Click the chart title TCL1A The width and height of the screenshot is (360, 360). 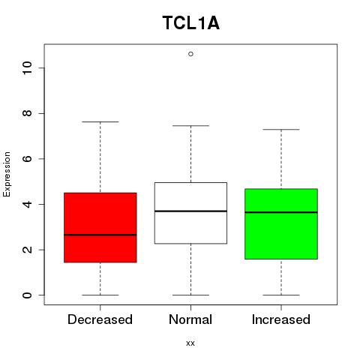pyautogui.click(x=191, y=23)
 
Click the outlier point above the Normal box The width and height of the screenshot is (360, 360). pyautogui.click(x=190, y=54)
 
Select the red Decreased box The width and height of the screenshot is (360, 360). pyautogui.click(x=100, y=227)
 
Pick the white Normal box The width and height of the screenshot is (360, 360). pyautogui.click(x=190, y=213)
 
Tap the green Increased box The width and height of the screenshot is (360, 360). pyautogui.click(x=281, y=223)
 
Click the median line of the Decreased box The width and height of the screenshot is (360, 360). pyautogui.click(x=100, y=235)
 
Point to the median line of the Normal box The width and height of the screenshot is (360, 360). pyautogui.click(x=190, y=211)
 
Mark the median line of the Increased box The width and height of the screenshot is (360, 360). pyautogui.click(x=281, y=212)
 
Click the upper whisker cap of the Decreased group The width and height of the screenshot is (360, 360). pyautogui.click(x=100, y=121)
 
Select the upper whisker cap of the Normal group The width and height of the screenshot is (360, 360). pyautogui.click(x=190, y=126)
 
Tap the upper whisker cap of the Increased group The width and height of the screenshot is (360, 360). pyautogui.click(x=281, y=130)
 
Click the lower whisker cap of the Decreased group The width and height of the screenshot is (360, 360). pyautogui.click(x=100, y=295)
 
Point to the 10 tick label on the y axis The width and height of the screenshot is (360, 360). pyautogui.click(x=27, y=68)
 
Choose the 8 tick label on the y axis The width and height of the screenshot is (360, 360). pyautogui.click(x=27, y=113)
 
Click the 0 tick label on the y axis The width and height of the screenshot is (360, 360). pyautogui.click(x=27, y=295)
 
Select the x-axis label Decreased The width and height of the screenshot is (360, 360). pyautogui.click(x=100, y=319)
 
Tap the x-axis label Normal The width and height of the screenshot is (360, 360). pyautogui.click(x=190, y=319)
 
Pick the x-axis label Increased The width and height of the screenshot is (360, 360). pyautogui.click(x=281, y=319)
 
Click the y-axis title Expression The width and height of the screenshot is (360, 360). pyautogui.click(x=7, y=175)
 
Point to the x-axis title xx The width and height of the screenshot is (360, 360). pyautogui.click(x=190, y=343)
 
